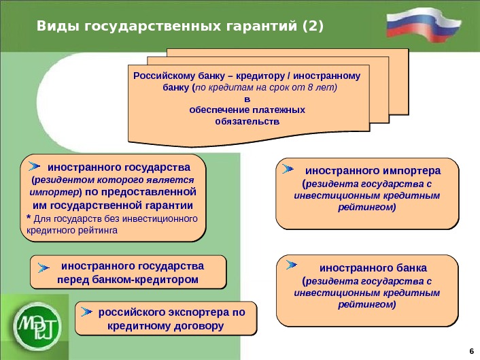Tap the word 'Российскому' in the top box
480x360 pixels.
(160, 76)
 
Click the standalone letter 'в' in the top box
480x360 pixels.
(247, 99)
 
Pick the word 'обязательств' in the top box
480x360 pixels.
(247, 121)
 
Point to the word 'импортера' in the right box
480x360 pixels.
(414, 170)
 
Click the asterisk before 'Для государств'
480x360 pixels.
(29, 218)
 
